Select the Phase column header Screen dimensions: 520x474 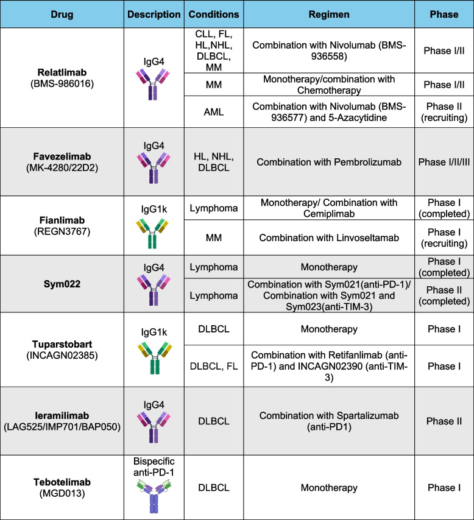tap(444, 15)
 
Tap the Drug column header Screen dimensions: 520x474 tap(62, 15)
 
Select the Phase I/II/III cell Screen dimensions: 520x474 tap(444, 163)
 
